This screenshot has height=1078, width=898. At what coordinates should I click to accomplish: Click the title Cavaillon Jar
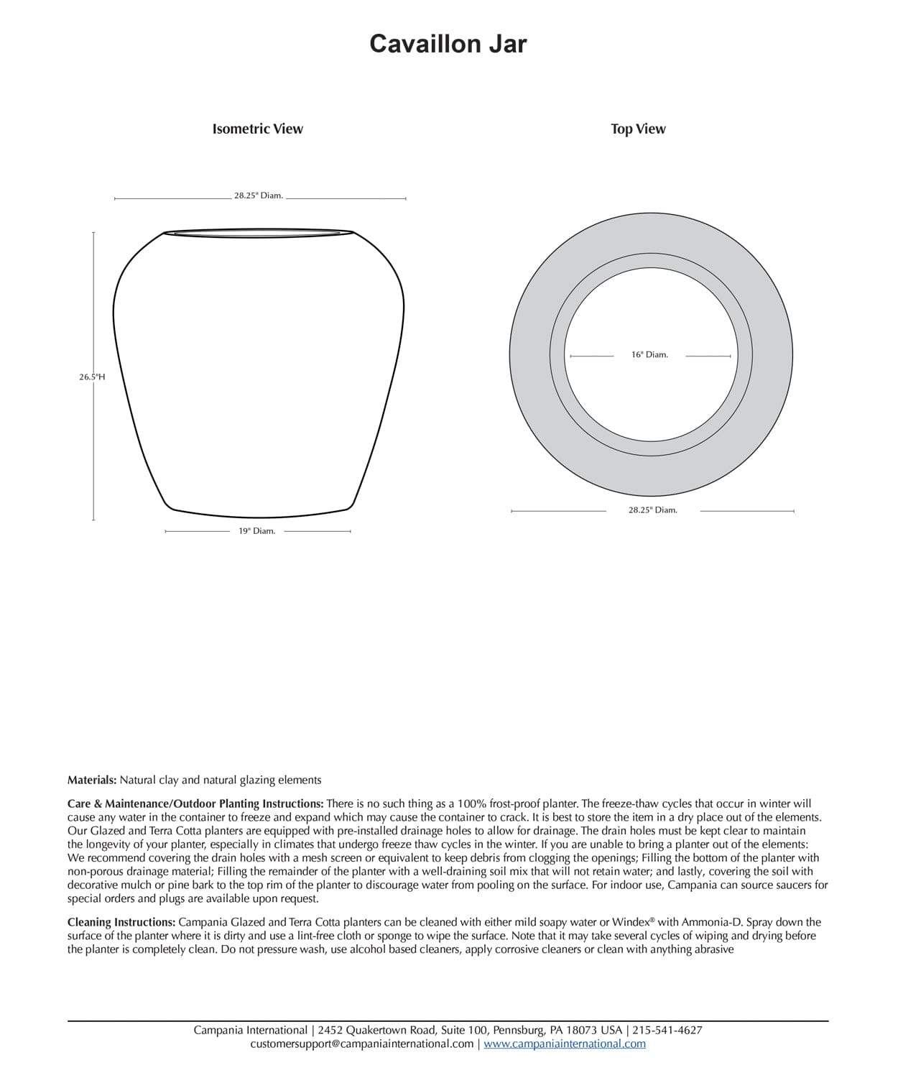(448, 45)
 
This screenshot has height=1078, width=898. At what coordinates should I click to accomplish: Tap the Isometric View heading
(257, 129)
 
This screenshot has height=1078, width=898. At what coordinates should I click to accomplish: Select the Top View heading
(638, 129)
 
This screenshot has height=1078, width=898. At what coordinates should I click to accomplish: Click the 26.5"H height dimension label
(92, 377)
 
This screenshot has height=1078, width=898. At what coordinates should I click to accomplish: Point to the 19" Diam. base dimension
(256, 531)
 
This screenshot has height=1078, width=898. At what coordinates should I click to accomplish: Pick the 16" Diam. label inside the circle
(649, 355)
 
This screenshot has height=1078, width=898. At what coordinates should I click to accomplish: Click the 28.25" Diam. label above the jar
(258, 195)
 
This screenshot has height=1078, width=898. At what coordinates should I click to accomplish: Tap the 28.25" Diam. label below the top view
(652, 510)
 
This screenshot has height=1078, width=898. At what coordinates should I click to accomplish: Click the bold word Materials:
(92, 780)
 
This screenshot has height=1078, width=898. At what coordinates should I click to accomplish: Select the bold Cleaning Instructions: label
(121, 922)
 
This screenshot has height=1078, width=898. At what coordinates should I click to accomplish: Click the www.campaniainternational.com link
(564, 1044)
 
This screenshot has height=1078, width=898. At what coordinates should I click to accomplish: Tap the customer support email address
(361, 1044)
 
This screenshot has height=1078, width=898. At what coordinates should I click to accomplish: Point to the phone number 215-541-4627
(667, 1030)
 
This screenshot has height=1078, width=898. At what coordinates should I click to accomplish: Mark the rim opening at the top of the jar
(259, 233)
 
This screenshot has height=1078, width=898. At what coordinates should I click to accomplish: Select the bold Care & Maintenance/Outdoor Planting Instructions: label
(195, 803)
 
